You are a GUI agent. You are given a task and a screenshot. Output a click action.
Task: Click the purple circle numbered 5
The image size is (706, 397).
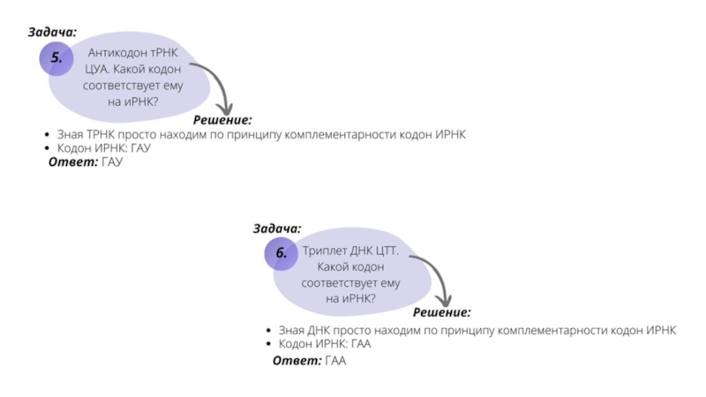pyautogui.click(x=56, y=58)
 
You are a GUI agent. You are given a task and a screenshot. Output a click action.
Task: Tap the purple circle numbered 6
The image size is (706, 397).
pyautogui.click(x=281, y=254)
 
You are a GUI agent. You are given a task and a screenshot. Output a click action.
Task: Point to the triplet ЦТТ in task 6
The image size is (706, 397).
pyautogui.click(x=386, y=251)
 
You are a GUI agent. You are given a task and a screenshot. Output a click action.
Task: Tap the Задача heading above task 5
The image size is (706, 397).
pyautogui.click(x=53, y=32)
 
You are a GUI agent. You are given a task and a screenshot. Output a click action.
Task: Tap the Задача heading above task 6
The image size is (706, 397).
pyautogui.click(x=277, y=228)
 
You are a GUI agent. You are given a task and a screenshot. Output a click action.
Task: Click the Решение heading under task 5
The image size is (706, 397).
pyautogui.click(x=222, y=120)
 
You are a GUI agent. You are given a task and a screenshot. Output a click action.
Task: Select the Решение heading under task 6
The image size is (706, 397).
pyautogui.click(x=442, y=312)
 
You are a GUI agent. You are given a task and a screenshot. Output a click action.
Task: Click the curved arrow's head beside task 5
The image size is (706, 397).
pyautogui.click(x=225, y=109)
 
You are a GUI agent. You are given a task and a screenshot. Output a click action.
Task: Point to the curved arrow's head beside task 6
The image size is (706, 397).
pyautogui.click(x=444, y=301)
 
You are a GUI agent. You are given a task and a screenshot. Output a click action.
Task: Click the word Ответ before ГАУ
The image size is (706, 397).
pyautogui.click(x=73, y=162)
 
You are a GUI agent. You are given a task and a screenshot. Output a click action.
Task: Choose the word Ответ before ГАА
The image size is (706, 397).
pyautogui.click(x=297, y=361)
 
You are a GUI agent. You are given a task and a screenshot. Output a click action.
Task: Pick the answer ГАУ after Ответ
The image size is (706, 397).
pyautogui.click(x=112, y=162)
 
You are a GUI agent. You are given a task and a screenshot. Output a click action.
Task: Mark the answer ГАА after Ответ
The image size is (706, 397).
pyautogui.click(x=336, y=361)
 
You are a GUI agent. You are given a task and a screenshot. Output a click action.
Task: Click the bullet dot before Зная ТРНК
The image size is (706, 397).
pyautogui.click(x=48, y=135)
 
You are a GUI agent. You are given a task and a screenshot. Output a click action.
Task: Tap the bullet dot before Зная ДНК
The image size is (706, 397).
pyautogui.click(x=269, y=330)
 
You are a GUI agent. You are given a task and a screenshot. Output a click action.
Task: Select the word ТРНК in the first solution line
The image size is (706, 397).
pyautogui.click(x=101, y=135)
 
